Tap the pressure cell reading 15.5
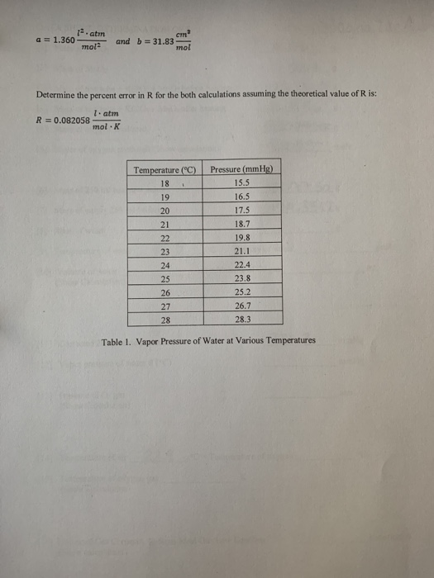(241, 184)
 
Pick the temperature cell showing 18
(164, 184)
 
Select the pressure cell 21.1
(241, 251)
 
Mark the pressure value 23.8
(241, 278)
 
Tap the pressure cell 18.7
(241, 225)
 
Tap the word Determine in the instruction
(55, 94)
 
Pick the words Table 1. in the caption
(117, 341)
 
